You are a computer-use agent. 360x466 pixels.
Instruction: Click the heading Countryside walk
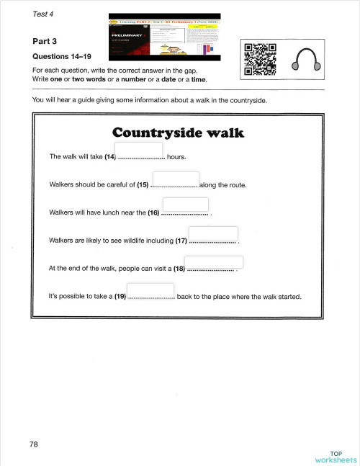click(179, 133)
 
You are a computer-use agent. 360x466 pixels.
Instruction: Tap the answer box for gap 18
click(209, 264)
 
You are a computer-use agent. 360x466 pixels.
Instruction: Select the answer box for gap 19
click(151, 292)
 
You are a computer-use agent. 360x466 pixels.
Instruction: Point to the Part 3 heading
click(45, 42)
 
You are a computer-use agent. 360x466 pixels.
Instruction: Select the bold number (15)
click(143, 185)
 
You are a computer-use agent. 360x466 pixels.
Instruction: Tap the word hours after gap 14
click(176, 156)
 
